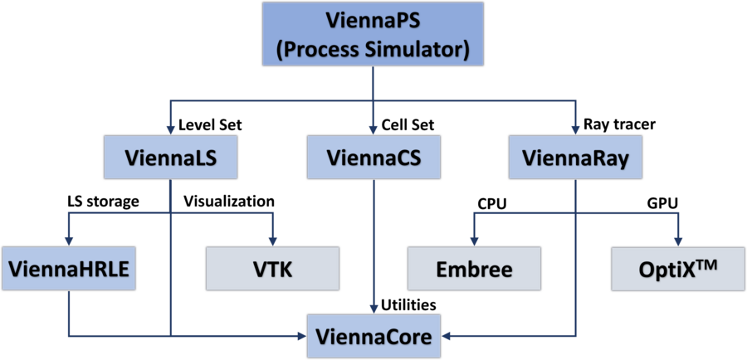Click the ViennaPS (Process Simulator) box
click(373, 34)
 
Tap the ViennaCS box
click(373, 157)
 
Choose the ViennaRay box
click(574, 157)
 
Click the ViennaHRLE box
click(68, 268)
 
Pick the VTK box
click(272, 268)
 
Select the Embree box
click(474, 268)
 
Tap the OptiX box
click(678, 268)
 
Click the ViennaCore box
click(373, 336)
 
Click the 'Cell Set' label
click(408, 126)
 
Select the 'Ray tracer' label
click(619, 125)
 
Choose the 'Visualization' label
click(228, 201)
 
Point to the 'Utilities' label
click(408, 305)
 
